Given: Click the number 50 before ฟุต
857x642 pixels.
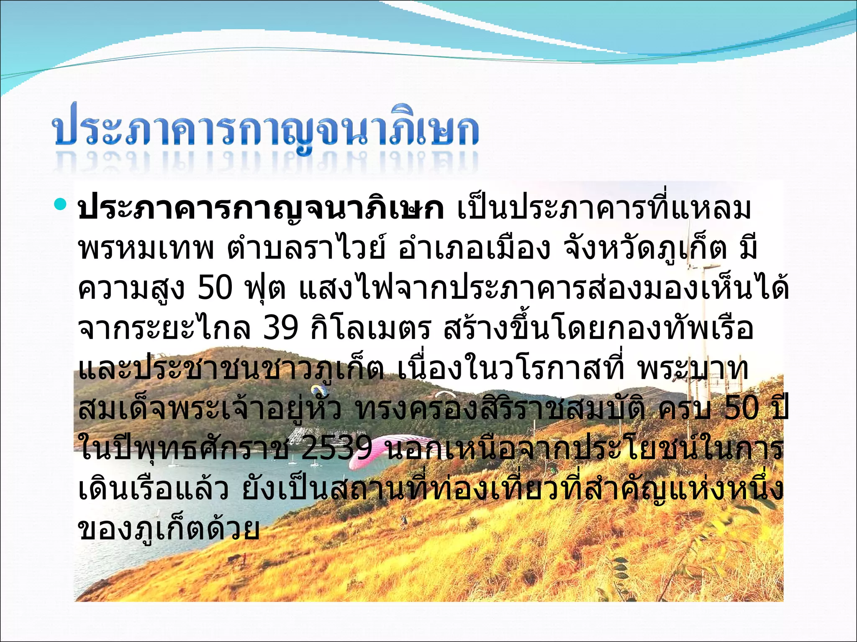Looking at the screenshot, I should [x=215, y=288].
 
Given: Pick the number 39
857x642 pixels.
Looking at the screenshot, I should [x=281, y=328].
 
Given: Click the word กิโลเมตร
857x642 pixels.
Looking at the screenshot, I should [x=371, y=328].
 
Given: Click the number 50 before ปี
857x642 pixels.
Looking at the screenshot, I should [x=741, y=408].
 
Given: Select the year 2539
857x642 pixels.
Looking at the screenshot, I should [x=337, y=448].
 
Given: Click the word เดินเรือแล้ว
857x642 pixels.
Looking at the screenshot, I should [x=153, y=489].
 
